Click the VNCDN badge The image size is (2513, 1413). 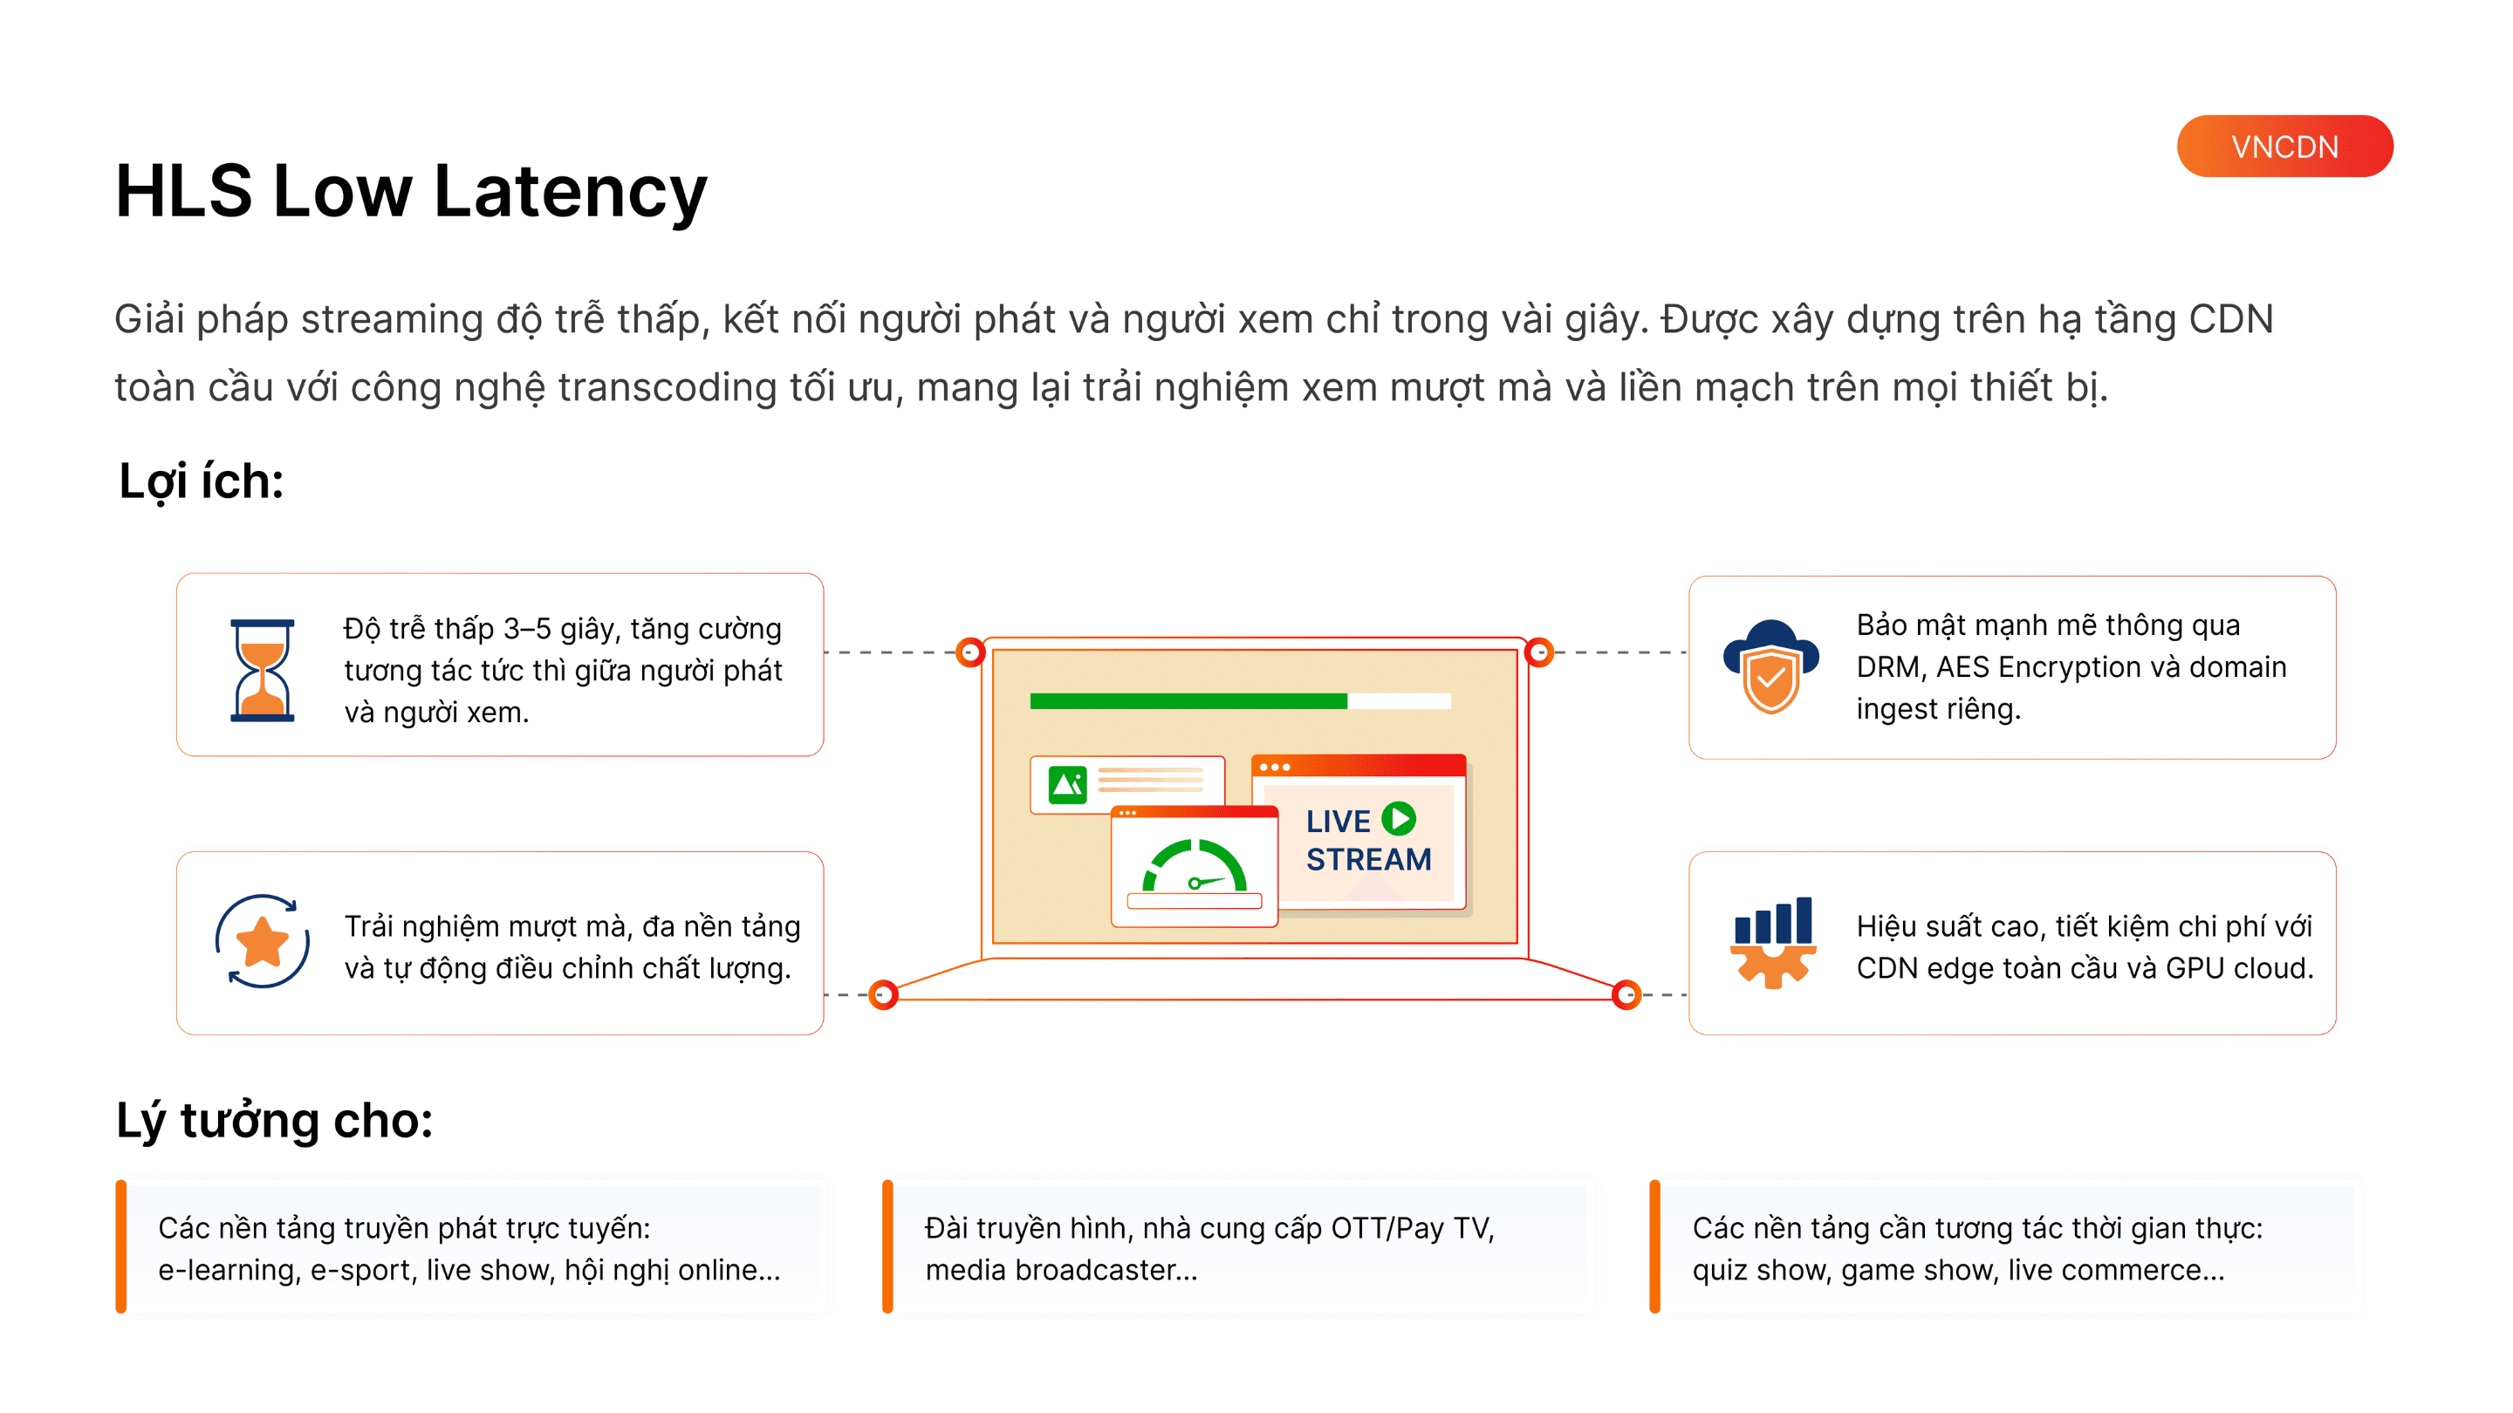[x=2284, y=147]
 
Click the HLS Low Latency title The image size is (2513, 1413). [x=411, y=190]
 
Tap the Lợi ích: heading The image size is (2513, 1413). [x=201, y=481]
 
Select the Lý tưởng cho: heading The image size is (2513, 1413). [x=274, y=1119]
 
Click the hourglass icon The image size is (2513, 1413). [x=262, y=670]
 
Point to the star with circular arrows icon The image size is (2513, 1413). [x=262, y=942]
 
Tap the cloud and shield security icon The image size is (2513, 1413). [x=1770, y=667]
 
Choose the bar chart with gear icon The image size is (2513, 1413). [x=1772, y=942]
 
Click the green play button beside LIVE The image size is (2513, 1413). [x=1399, y=818]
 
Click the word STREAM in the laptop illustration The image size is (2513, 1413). [x=1369, y=859]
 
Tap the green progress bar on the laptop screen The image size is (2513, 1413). [x=1188, y=701]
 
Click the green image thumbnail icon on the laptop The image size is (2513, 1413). [x=1066, y=783]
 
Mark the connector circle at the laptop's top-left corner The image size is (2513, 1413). [x=969, y=652]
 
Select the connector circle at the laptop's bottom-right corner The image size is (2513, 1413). [x=1626, y=994]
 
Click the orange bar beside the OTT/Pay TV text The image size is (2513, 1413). [x=887, y=1246]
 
